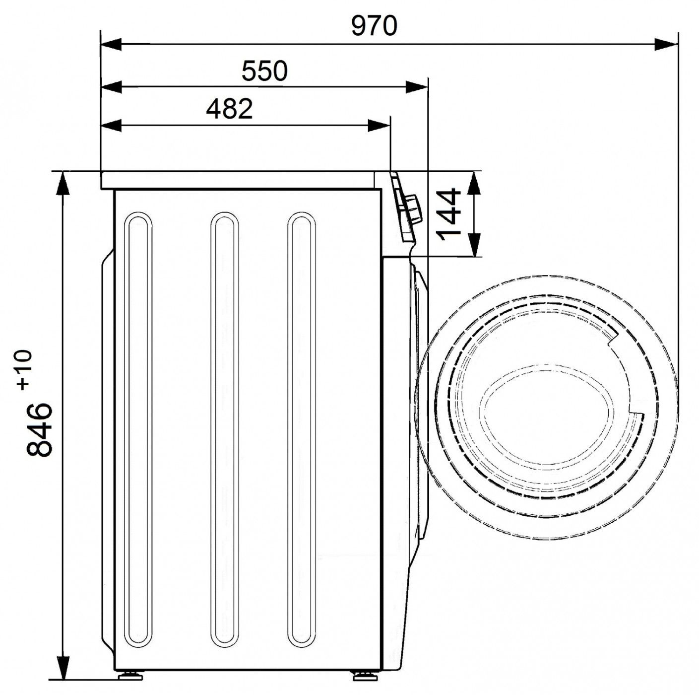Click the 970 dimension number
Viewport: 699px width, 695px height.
click(x=374, y=26)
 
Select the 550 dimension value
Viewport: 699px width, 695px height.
click(x=264, y=71)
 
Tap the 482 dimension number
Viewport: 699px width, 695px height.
click(x=229, y=109)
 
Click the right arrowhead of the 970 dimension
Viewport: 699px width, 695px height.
click(x=666, y=45)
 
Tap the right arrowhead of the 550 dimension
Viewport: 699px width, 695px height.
click(x=416, y=87)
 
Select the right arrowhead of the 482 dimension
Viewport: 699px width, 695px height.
click(x=379, y=126)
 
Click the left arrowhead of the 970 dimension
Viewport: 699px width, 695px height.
click(x=111, y=45)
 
